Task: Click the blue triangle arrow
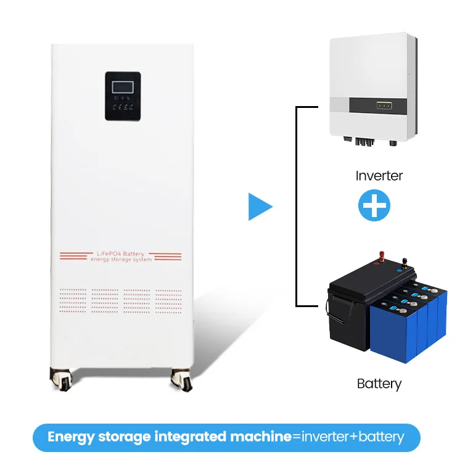[258, 207]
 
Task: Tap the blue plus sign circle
[374, 206]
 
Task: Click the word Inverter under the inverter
[379, 176]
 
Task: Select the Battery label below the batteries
[379, 384]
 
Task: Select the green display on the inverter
[385, 105]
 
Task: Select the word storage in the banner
[121, 437]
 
